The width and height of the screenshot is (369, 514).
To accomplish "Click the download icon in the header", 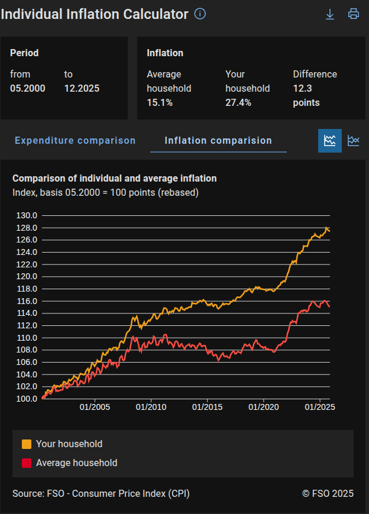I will click(330, 14).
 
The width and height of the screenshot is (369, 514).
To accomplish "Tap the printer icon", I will click(354, 14).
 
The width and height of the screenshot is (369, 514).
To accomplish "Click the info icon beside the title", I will click(200, 14).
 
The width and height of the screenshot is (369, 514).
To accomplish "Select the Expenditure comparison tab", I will click(75, 141).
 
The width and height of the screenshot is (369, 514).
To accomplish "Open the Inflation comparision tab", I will click(218, 141).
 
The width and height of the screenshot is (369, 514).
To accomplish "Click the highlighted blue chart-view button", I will click(330, 141).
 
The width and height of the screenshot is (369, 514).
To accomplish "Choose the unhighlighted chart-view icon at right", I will click(354, 141).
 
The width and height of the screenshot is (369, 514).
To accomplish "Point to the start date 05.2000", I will click(28, 89).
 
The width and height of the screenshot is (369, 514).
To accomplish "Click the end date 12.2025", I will click(82, 89).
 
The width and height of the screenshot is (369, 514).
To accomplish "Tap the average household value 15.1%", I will click(160, 103).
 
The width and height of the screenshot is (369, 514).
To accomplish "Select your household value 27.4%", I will click(238, 103).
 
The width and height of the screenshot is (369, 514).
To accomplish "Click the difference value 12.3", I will click(302, 89).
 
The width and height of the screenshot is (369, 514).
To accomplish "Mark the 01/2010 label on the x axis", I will click(151, 407).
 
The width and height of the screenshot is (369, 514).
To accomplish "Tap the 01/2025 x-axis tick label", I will click(320, 407).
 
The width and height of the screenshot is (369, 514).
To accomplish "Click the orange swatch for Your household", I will click(27, 444).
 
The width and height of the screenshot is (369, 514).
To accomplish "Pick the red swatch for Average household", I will click(27, 463).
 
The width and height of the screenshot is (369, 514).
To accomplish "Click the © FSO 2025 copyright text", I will click(328, 493).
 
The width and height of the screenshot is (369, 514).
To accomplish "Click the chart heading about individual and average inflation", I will click(115, 178).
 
